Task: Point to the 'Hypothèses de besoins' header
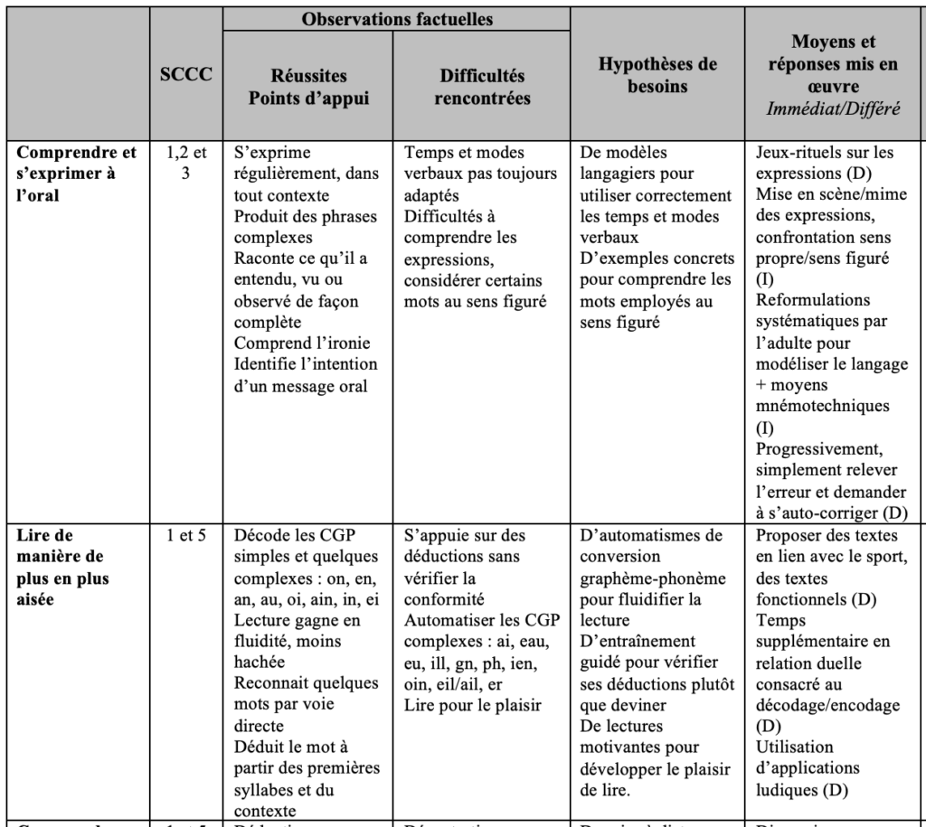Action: coord(657,76)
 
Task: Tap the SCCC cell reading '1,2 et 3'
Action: coord(184,162)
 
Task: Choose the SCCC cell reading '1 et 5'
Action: coord(184,534)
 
